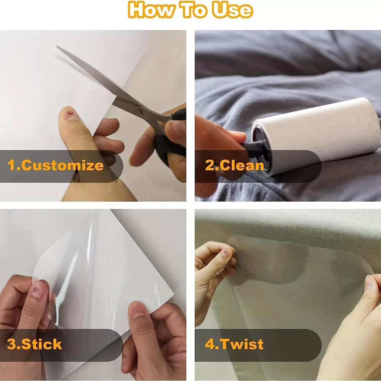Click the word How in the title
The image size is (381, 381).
point(151,10)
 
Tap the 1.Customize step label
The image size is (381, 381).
point(55,165)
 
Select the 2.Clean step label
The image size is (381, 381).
point(234,165)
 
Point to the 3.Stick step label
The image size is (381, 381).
point(34,344)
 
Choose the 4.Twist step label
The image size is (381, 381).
point(234,344)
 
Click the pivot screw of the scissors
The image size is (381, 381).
point(140,112)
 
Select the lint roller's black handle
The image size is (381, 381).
point(253,148)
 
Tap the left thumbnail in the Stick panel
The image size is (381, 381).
point(37,289)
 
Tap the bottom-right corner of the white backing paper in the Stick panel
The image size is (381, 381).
point(173,295)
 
